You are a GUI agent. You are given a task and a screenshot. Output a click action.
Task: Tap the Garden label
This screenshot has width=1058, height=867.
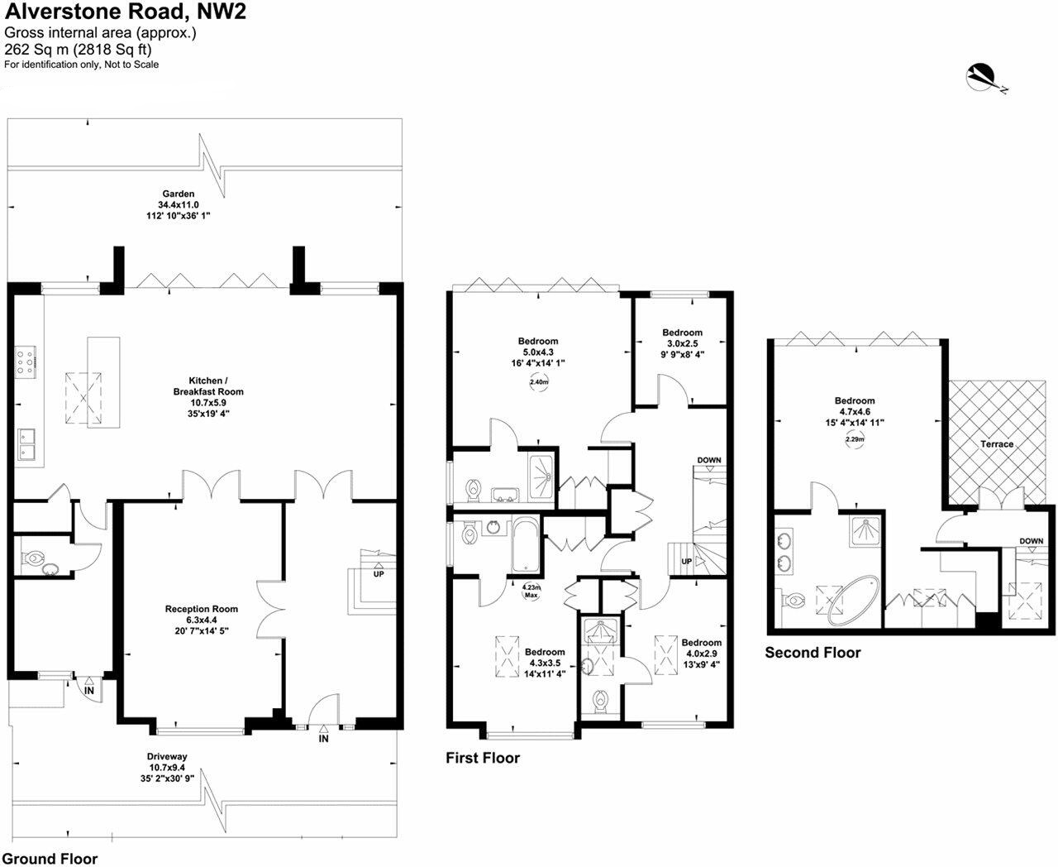pos(178,194)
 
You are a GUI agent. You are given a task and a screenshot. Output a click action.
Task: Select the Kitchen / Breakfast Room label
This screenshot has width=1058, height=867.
pos(208,386)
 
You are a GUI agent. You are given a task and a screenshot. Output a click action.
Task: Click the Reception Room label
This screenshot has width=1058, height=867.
pos(202,609)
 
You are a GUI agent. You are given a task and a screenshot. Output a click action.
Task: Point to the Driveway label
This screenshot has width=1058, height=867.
pos(167,756)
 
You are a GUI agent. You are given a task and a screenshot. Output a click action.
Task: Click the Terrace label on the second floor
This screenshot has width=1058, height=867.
pos(997,443)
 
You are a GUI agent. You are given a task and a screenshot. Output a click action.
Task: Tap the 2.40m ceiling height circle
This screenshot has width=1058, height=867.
pos(539,381)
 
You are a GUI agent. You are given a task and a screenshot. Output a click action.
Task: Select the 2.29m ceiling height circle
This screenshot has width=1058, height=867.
pos(855,439)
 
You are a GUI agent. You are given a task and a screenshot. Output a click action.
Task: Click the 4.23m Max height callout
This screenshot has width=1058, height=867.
pos(531,591)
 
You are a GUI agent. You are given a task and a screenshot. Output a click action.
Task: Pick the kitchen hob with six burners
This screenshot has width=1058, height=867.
pos(26,360)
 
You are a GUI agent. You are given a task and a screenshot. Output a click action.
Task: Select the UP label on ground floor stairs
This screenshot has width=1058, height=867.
pos(379,574)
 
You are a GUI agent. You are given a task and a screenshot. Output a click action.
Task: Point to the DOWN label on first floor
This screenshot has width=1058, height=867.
pos(709,460)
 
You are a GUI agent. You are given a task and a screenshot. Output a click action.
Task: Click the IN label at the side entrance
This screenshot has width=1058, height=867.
pos(88,691)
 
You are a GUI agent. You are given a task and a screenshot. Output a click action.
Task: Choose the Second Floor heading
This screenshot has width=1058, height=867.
pos(813,653)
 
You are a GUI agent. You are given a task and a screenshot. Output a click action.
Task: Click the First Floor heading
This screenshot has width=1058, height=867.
pos(483,758)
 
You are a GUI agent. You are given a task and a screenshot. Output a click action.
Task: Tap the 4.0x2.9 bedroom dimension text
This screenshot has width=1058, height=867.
pos(701,654)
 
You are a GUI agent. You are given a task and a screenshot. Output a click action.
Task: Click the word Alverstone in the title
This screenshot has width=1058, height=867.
pos(59,12)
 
